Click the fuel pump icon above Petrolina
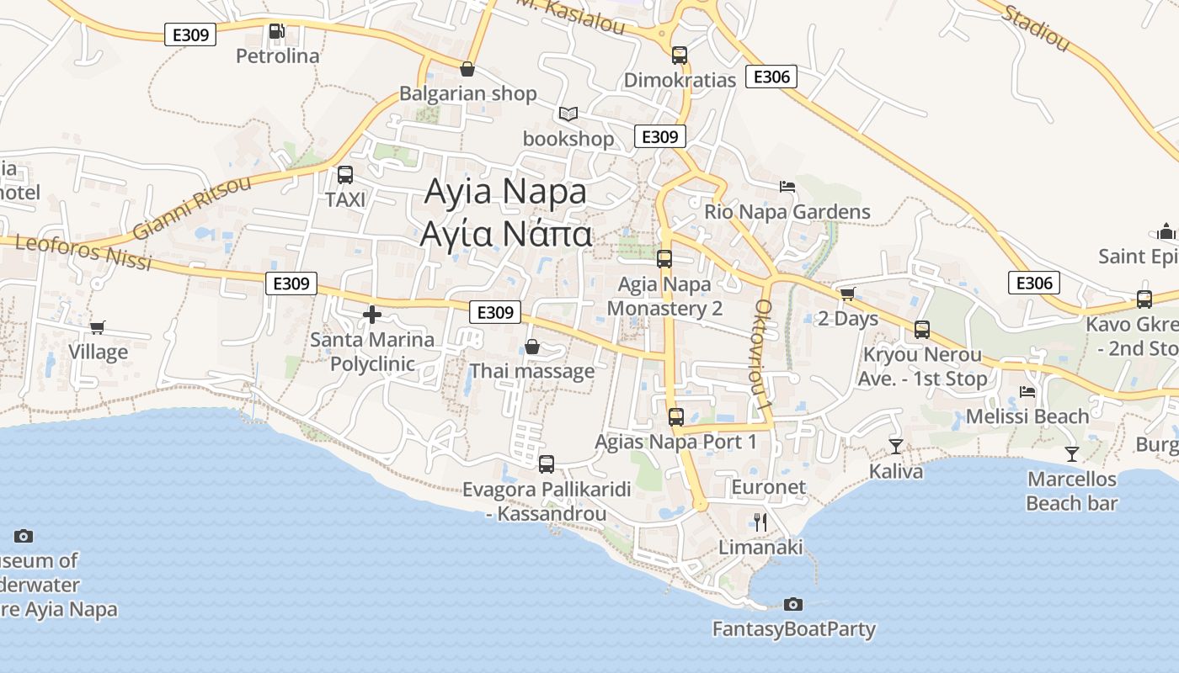click(x=276, y=32)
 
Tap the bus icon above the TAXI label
click(x=345, y=175)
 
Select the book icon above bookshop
click(x=568, y=114)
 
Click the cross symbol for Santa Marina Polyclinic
click(x=371, y=315)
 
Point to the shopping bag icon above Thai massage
click(x=532, y=347)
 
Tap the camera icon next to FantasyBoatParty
click(x=792, y=604)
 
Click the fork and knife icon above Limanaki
click(x=760, y=522)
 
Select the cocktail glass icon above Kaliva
click(x=896, y=446)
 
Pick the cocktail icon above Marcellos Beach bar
click(x=1072, y=454)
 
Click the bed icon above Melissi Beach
click(x=1027, y=391)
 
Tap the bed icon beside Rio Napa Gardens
click(x=787, y=186)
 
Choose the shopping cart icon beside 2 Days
click(x=847, y=294)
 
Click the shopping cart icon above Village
click(x=98, y=327)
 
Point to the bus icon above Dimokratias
click(x=680, y=56)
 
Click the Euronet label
click(x=768, y=487)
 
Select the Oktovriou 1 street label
click(x=764, y=354)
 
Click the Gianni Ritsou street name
click(x=192, y=207)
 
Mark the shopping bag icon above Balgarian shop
click(x=467, y=69)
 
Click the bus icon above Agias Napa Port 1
click(x=675, y=416)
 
